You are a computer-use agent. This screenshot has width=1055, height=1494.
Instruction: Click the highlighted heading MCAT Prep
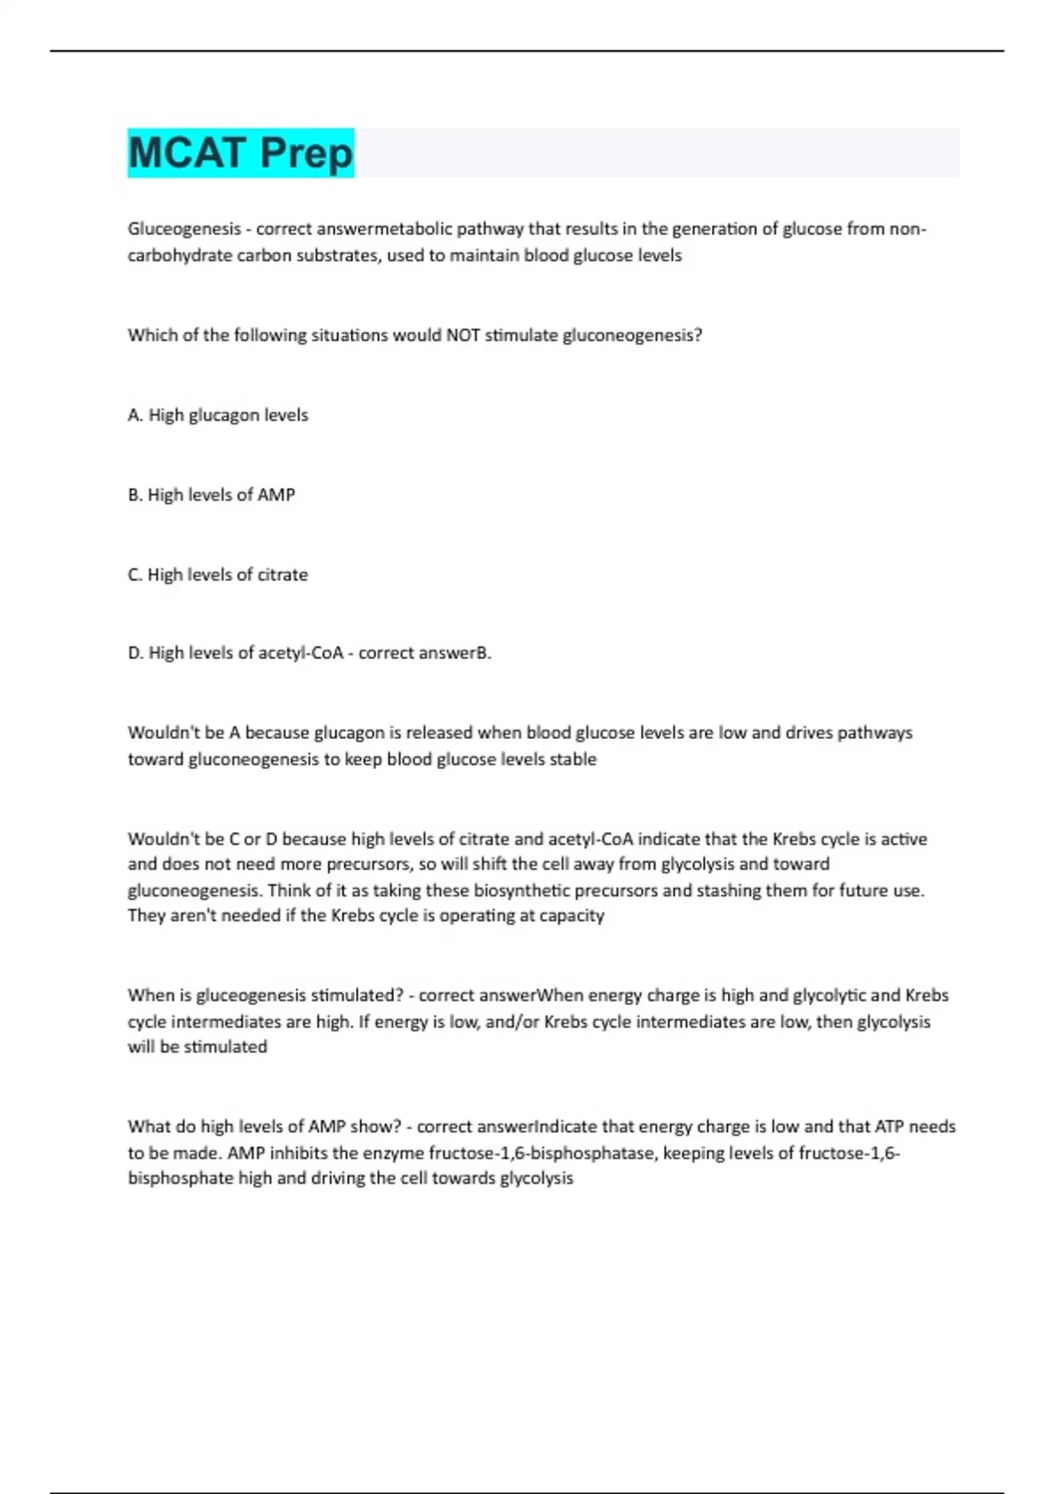click(x=240, y=153)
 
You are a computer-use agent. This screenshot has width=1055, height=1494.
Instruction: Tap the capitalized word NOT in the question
click(x=462, y=335)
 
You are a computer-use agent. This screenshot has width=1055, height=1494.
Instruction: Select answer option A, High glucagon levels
click(x=218, y=415)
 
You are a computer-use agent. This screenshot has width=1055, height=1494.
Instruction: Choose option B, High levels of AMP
click(x=211, y=495)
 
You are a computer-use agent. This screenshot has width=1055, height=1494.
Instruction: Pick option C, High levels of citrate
click(x=218, y=575)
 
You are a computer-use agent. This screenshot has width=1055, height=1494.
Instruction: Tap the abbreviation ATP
click(x=889, y=1127)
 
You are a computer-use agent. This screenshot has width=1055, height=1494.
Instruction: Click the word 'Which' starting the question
click(x=152, y=335)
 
